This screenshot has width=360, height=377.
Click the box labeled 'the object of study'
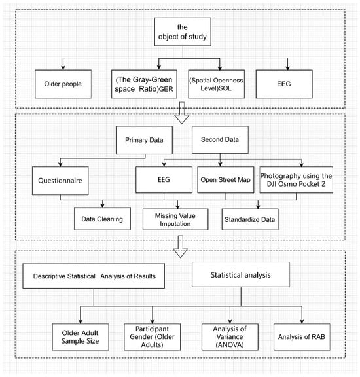183,31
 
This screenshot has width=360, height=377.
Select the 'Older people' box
63,84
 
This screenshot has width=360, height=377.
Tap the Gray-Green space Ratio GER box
144,84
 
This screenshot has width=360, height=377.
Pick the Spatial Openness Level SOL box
216,84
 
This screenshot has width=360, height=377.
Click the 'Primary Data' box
144,140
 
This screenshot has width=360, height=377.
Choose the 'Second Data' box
220,139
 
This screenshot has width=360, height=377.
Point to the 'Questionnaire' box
60,181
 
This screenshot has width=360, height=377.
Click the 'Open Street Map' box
226,179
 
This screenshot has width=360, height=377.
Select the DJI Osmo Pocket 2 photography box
297,179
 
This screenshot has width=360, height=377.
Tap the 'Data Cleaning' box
102,219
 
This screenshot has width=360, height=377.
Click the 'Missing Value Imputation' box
175,219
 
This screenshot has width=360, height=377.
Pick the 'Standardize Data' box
250,219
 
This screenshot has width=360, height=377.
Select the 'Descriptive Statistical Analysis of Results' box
94,276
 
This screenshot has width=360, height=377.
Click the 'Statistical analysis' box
241,275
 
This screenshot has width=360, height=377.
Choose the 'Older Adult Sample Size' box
81,336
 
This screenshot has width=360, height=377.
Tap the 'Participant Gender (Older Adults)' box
153,336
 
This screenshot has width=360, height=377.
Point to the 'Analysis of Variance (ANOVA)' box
230,336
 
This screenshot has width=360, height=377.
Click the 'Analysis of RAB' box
302,336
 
